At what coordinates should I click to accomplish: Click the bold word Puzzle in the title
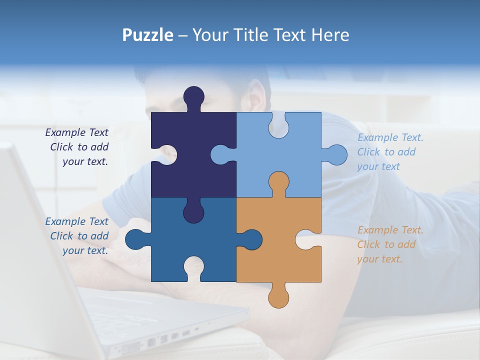tap(148, 35)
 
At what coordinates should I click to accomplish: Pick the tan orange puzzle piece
tap(280, 250)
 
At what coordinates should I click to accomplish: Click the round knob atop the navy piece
tap(193, 96)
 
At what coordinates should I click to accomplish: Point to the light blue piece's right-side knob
tap(335, 154)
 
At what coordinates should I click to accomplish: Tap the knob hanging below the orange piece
tap(278, 297)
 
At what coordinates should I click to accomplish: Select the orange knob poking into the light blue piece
tap(278, 182)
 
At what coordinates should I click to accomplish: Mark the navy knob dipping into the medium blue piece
tap(193, 211)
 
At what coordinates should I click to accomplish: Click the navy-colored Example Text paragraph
tap(77, 147)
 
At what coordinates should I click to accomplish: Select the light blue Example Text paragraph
tap(390, 152)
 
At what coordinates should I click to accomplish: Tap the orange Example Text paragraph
tap(390, 244)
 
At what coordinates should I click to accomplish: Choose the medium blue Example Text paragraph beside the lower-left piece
tap(77, 236)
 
